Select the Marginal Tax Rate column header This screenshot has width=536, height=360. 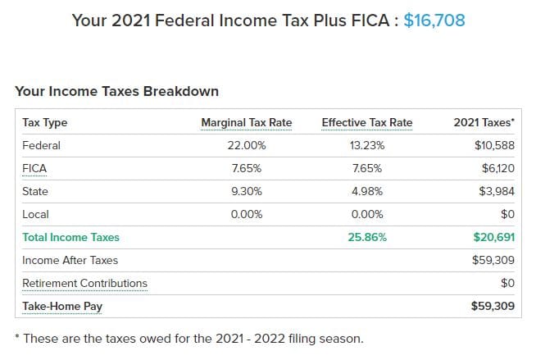click(x=246, y=123)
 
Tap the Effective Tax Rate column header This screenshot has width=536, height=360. click(x=366, y=123)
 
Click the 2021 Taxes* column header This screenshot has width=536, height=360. click(x=484, y=123)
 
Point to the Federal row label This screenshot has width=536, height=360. click(x=41, y=146)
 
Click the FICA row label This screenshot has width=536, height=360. click(x=35, y=169)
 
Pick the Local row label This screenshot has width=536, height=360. click(x=35, y=215)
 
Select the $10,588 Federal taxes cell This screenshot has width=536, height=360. click(x=494, y=146)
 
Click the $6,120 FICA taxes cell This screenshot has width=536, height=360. click(x=497, y=169)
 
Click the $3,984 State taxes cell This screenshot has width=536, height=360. click(x=497, y=192)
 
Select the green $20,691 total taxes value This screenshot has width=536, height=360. click(x=493, y=238)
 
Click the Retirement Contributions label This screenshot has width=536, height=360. click(x=85, y=284)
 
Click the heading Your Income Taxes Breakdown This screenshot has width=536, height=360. click(x=116, y=92)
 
